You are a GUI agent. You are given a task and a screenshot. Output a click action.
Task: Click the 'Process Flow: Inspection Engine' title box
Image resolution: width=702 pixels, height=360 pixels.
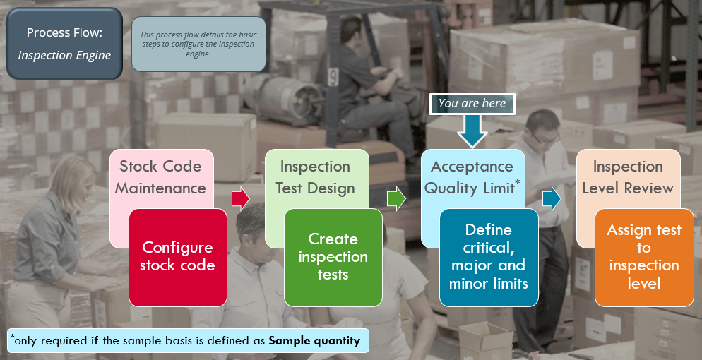click(x=64, y=43)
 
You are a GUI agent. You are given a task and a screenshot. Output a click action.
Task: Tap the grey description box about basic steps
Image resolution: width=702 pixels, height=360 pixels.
click(x=198, y=44)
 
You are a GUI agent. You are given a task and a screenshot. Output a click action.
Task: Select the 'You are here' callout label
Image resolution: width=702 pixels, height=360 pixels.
click(x=472, y=103)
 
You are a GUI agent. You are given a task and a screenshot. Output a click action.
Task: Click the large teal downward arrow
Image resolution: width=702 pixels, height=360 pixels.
click(x=472, y=130)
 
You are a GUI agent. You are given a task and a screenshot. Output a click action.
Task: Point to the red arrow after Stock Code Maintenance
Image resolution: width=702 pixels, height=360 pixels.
click(x=240, y=198)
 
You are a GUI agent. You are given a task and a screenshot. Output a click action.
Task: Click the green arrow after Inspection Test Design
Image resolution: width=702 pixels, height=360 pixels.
click(x=396, y=198)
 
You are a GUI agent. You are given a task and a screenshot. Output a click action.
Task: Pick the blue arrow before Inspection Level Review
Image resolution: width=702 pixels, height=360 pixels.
click(x=552, y=198)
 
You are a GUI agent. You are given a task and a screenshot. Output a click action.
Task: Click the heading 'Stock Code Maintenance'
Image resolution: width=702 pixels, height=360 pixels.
click(x=161, y=177)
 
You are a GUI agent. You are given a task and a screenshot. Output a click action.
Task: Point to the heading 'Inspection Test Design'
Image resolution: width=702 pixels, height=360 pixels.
click(x=316, y=177)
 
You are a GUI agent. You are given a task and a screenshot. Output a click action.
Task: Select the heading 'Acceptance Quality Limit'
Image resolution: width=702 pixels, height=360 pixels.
click(x=471, y=177)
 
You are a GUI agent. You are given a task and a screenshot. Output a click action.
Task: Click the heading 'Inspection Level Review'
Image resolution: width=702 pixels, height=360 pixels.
click(x=628, y=177)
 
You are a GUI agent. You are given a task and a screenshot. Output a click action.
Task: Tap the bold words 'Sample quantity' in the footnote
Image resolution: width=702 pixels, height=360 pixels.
click(x=314, y=341)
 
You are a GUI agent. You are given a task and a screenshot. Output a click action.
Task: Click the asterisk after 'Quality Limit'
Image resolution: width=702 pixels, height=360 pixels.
click(x=517, y=184)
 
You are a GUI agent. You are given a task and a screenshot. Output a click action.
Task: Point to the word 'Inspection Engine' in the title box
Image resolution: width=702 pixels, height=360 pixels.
click(x=64, y=55)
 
